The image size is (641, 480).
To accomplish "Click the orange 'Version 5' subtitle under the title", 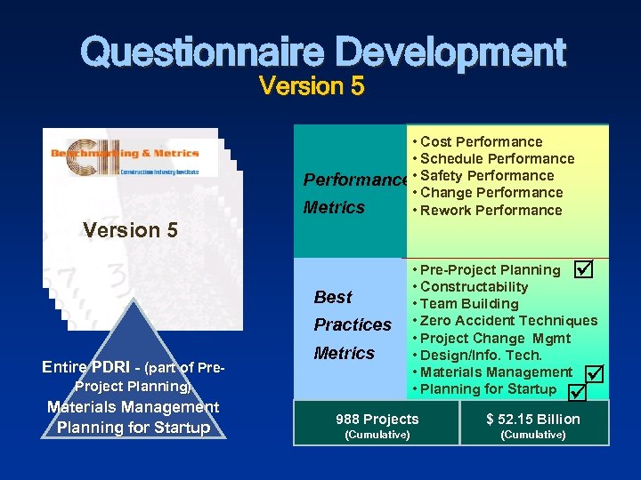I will [x=311, y=87].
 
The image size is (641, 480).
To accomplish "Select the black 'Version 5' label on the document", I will [x=130, y=230].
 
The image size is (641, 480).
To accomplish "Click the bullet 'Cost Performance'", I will [x=481, y=141].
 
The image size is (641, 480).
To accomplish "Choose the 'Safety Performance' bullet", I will [x=486, y=175].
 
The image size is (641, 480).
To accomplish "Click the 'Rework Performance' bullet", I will [x=491, y=210].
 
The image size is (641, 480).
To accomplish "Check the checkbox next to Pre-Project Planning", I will [x=582, y=268].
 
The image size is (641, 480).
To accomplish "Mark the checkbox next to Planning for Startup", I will [x=578, y=391].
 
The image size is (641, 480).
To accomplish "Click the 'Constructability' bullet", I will [x=474, y=286].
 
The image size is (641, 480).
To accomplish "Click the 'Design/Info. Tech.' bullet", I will [x=481, y=355].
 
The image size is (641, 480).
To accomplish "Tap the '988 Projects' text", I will [x=377, y=419].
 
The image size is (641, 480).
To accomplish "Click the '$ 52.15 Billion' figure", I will [x=532, y=419].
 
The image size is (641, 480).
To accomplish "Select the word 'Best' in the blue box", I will [x=333, y=297].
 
